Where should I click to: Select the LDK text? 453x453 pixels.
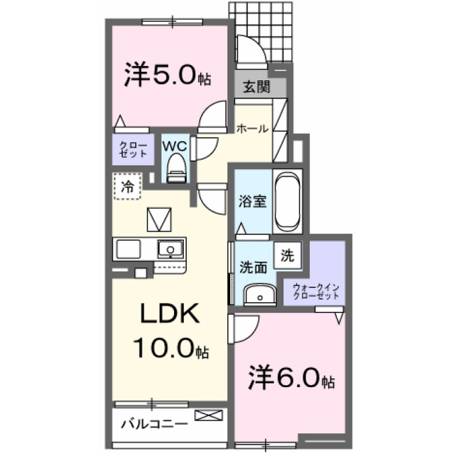pos(170,313)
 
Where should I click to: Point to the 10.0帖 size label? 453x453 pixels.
pos(171,348)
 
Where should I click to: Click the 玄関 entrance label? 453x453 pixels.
pos(256,86)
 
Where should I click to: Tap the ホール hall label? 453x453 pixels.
pos(252,129)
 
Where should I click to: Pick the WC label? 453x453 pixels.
pos(175,147)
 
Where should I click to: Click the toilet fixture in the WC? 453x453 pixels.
pos(176,168)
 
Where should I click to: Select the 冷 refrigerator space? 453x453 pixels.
pos(127,186)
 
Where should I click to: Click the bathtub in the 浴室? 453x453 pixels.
pos(287,201)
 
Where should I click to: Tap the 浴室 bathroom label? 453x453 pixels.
pos(252,201)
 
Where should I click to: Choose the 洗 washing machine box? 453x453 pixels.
pos(288,256)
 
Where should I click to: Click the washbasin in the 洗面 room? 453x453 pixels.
pos(260,294)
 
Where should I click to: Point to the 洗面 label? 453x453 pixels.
pos(253,268)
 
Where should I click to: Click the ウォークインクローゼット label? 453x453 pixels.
pos(316,292)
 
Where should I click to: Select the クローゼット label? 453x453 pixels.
pos(133,149)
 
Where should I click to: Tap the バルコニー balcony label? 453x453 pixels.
pos(154,425)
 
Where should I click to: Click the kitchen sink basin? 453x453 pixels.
pos(170,249)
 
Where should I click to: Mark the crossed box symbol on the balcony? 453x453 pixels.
pos(209,415)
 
